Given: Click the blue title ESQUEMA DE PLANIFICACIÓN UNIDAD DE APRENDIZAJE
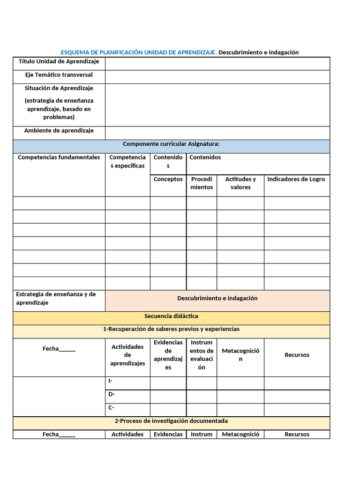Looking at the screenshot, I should (139, 52).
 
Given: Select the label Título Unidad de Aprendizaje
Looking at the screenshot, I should (59, 62).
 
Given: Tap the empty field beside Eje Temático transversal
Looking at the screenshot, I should (217, 76).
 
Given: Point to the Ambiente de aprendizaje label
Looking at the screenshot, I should (59, 131).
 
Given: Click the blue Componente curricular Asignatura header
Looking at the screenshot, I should (171, 144).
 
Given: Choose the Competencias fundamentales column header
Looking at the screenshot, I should (59, 157).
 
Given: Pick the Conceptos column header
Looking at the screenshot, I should (168, 180).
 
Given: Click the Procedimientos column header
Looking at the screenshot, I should (202, 183).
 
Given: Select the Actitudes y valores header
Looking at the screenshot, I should (240, 183).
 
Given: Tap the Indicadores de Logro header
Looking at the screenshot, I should (296, 180).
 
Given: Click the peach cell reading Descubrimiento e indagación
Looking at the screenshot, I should (217, 299).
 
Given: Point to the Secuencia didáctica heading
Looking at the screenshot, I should (171, 316).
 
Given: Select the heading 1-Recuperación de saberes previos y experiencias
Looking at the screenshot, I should (171, 329).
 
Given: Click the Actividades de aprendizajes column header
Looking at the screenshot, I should (127, 355).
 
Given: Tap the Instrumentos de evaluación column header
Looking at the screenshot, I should (202, 355).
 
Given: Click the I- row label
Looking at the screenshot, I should (111, 381).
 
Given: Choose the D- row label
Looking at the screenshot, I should (112, 394).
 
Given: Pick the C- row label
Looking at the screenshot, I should (112, 407).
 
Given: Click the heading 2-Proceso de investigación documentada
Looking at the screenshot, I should (171, 421).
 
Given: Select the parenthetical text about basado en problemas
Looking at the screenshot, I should (59, 109).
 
